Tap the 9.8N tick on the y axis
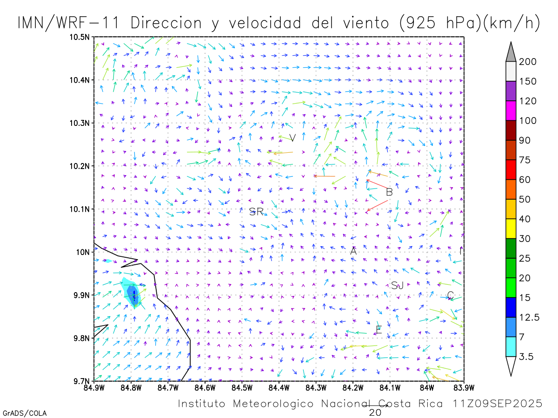point(82,338)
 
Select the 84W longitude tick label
point(426,387)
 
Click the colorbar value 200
point(528,62)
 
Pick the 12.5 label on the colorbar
point(529,317)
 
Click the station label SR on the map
point(256,212)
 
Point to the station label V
point(292,138)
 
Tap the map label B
point(390,192)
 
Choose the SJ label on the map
point(397,286)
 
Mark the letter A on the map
point(353,251)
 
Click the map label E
point(379,330)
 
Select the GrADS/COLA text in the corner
point(24,413)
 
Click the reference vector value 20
point(375,412)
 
